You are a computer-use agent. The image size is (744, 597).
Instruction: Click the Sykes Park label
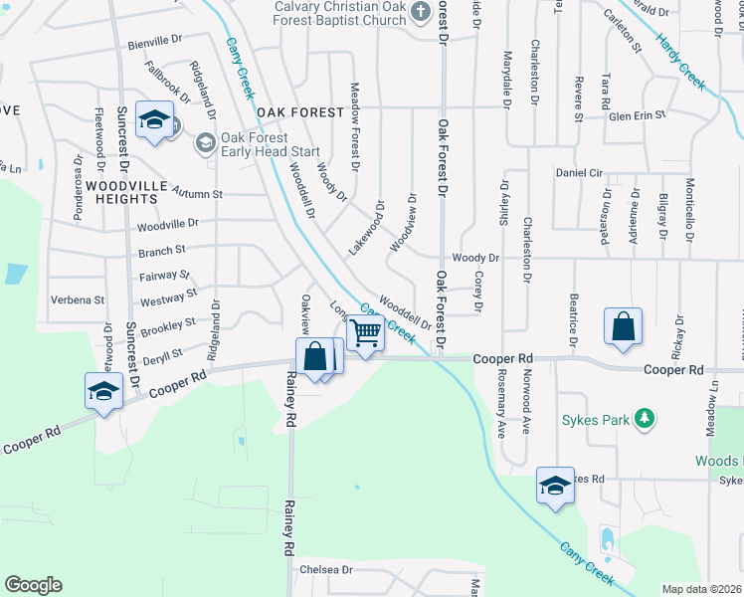click(x=595, y=420)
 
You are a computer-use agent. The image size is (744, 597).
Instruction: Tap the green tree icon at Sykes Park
click(x=645, y=419)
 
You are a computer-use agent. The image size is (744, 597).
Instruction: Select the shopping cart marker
click(x=366, y=333)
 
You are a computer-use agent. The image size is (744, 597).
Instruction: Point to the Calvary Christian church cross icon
click(x=421, y=12)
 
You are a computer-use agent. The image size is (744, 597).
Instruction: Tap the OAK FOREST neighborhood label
click(x=299, y=113)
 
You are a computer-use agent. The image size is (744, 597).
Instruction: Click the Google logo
click(x=33, y=584)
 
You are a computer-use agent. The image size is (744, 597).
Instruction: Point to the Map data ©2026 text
click(x=702, y=589)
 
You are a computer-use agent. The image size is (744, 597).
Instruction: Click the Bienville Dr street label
click(x=155, y=45)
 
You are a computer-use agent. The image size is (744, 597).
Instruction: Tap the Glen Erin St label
click(x=637, y=116)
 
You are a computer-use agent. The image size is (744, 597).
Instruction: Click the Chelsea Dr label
click(x=326, y=570)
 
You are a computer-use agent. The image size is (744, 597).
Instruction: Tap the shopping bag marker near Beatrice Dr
click(x=623, y=327)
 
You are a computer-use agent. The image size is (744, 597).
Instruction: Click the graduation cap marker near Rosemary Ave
click(x=555, y=486)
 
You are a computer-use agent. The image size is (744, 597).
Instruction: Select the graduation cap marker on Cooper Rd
click(x=103, y=391)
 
